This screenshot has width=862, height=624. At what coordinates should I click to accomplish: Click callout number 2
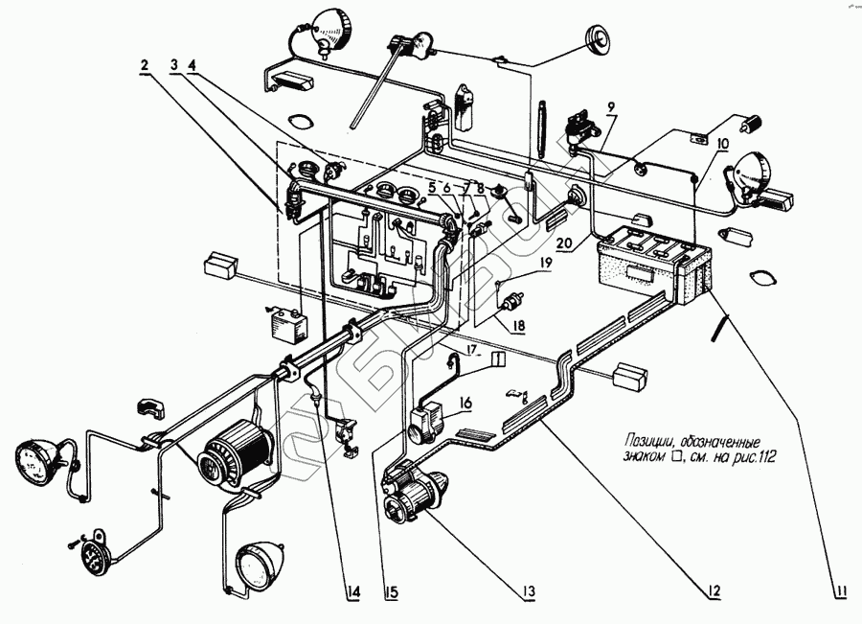[145, 65]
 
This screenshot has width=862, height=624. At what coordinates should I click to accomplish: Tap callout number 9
[611, 105]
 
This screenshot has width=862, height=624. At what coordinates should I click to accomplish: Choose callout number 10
[721, 143]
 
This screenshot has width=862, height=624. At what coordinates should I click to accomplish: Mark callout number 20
[564, 243]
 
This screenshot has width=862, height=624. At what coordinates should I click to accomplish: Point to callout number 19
[545, 262]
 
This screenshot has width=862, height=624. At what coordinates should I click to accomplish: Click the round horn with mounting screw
[95, 553]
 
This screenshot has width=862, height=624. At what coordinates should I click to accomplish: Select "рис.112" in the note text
[754, 458]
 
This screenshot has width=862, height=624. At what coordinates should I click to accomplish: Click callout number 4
[193, 65]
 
